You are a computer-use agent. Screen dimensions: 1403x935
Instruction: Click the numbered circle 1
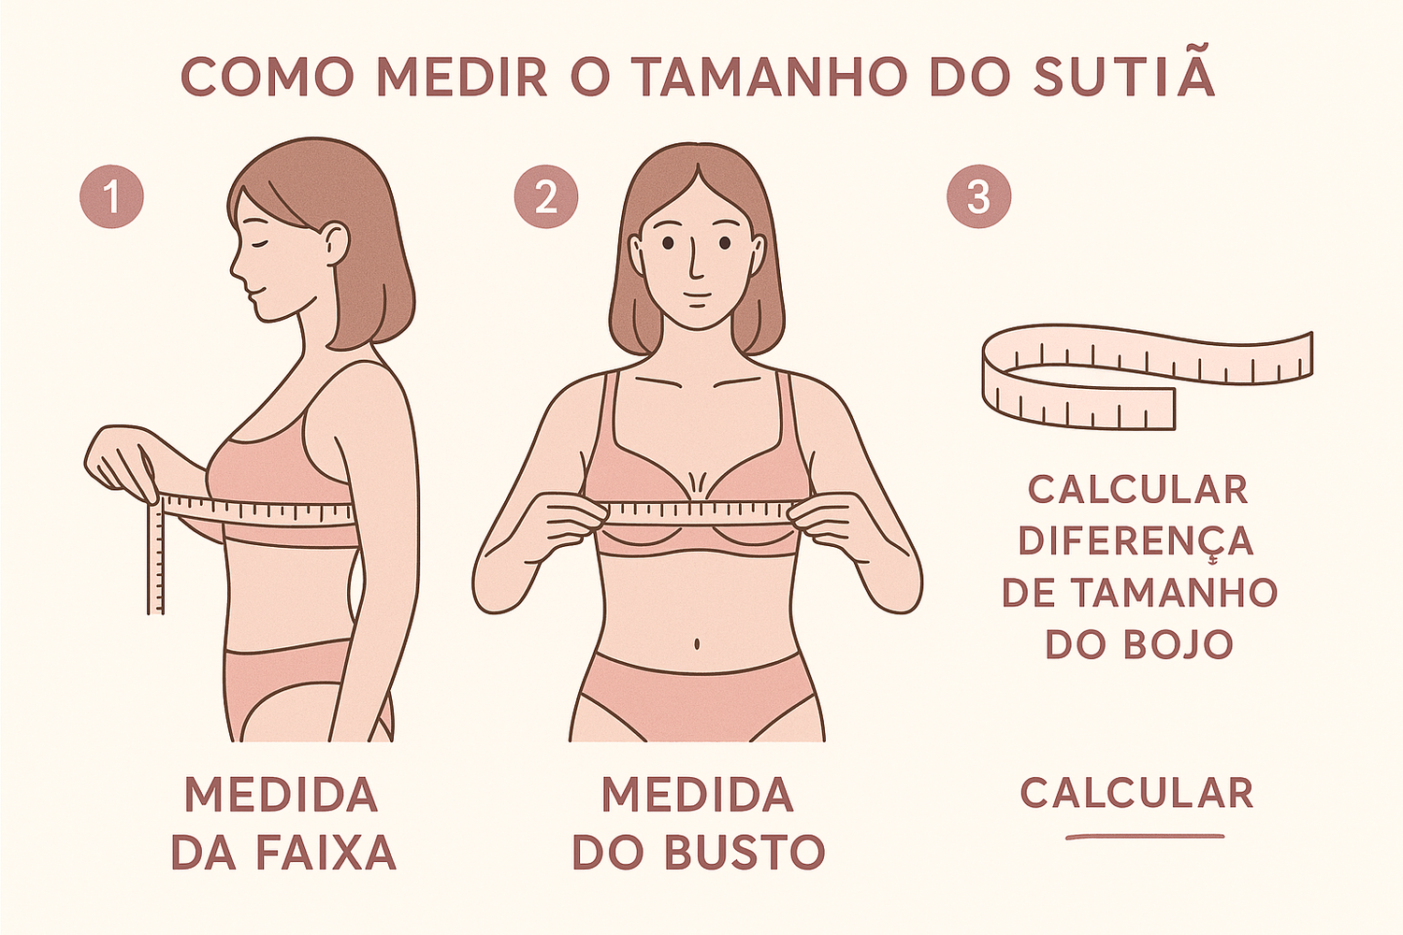click(x=111, y=196)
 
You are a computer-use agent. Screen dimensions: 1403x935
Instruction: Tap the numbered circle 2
click(x=545, y=196)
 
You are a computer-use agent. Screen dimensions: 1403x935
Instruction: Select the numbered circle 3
click(x=978, y=196)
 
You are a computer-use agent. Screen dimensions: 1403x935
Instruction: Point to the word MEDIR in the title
click(x=462, y=77)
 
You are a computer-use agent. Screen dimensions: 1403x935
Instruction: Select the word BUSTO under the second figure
click(x=745, y=852)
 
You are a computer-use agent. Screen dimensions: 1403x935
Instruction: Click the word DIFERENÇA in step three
click(x=1136, y=542)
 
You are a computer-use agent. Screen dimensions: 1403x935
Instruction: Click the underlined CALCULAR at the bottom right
click(x=1136, y=793)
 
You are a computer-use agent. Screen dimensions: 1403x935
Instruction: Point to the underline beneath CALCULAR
click(x=1145, y=836)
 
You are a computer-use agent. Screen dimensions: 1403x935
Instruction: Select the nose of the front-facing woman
click(x=694, y=263)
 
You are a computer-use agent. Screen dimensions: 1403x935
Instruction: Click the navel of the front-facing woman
click(x=697, y=644)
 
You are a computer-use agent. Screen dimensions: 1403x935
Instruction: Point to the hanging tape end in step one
click(x=155, y=556)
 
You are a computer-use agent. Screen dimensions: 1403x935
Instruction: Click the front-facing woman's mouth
click(x=695, y=295)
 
